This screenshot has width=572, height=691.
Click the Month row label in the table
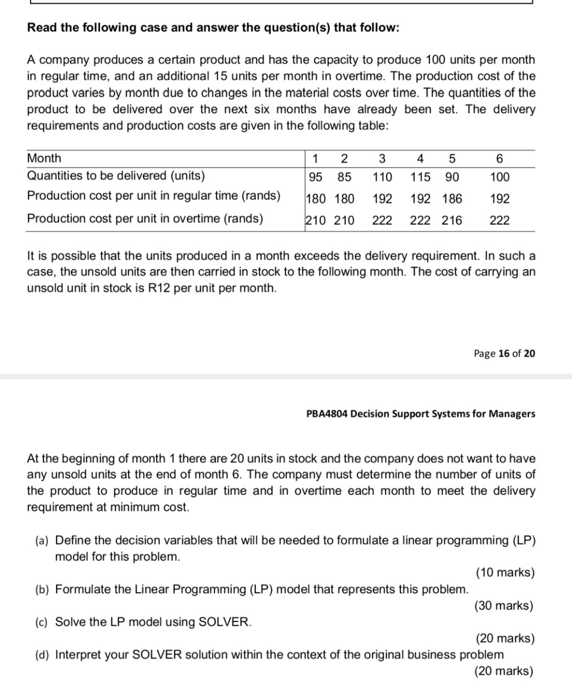pos(44,158)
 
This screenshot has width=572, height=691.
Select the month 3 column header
pos(382,158)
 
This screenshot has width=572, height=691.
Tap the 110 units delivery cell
pos(382,177)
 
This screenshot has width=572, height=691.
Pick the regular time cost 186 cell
pos(452,199)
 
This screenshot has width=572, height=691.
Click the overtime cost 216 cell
pos(452,220)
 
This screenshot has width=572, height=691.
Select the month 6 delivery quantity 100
pos(499,177)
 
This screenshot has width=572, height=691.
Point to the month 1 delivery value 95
pos(316,177)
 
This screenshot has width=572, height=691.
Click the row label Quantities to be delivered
pos(116,176)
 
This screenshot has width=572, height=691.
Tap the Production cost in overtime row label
pos(145,218)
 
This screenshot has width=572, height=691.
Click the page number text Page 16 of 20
pos(504,353)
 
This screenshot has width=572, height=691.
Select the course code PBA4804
pos(327,414)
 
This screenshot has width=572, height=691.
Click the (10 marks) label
pos(505,572)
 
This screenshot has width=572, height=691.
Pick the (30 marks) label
pos(504,605)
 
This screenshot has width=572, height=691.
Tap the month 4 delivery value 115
pos(420,177)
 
